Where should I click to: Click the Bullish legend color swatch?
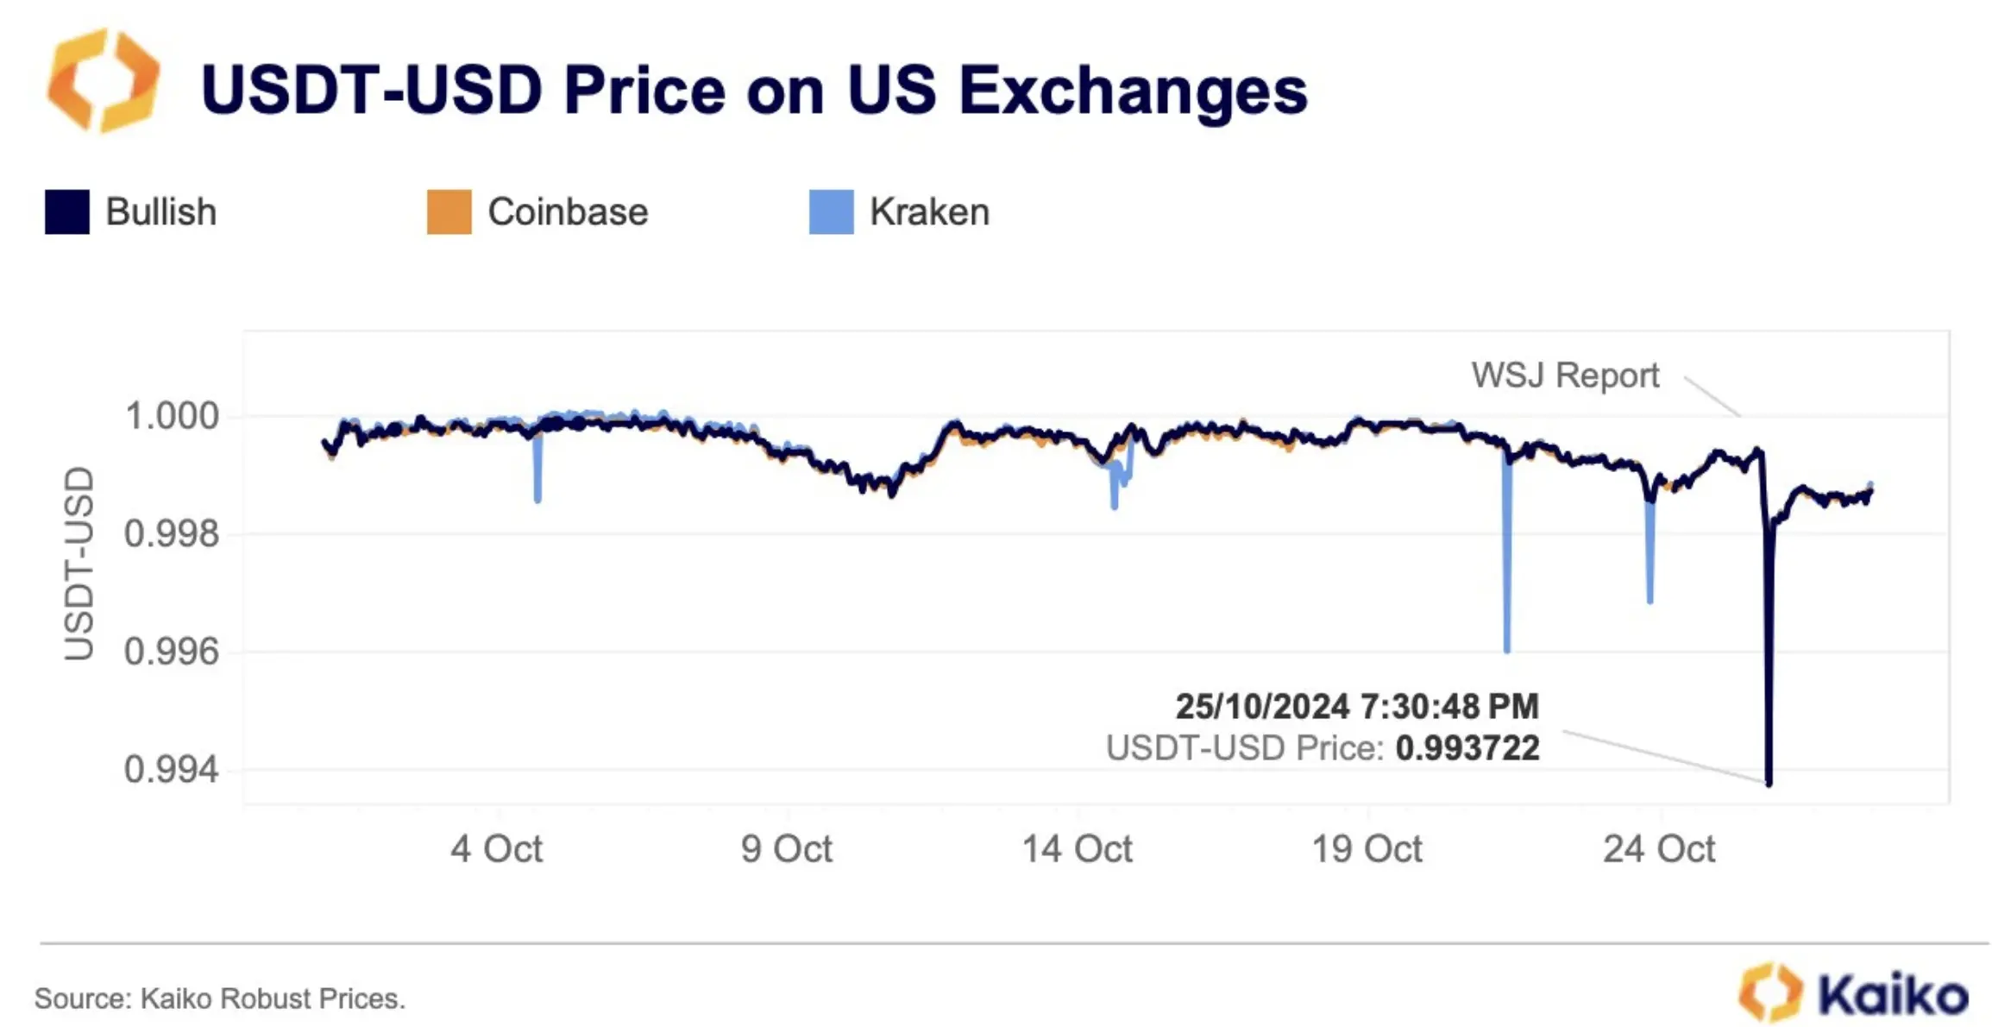(x=67, y=212)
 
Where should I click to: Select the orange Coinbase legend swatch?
(x=449, y=212)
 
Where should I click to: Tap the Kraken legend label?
(x=929, y=212)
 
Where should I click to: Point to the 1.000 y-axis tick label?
(x=172, y=416)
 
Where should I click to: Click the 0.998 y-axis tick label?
(x=172, y=534)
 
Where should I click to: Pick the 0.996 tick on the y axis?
(x=172, y=652)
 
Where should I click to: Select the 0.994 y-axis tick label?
(x=172, y=769)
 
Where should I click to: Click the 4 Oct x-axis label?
(x=496, y=849)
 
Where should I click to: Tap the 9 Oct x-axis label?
(x=786, y=849)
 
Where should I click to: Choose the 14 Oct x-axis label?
(x=1077, y=849)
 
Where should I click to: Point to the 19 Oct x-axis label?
(x=1367, y=849)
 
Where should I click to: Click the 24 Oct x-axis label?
(x=1659, y=849)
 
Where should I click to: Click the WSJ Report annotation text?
(x=1565, y=375)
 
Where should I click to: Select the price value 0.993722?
(x=1467, y=748)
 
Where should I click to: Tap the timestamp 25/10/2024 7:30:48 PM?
(x=1357, y=707)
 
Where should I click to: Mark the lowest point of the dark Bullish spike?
(x=1769, y=783)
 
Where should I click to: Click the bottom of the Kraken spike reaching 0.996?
(x=1507, y=650)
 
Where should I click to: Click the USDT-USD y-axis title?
(x=79, y=564)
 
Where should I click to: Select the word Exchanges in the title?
(x=1133, y=90)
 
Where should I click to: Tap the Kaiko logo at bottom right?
(x=1855, y=994)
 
